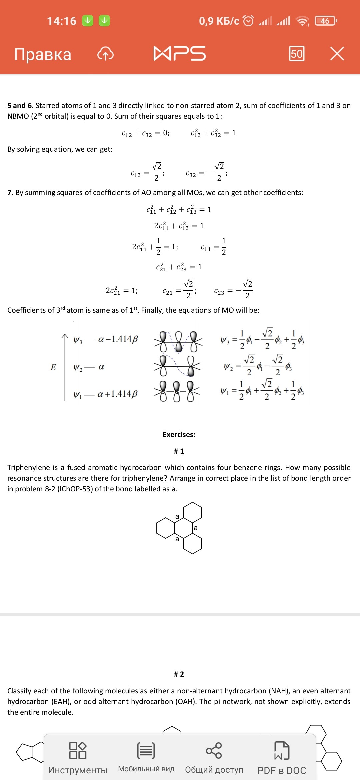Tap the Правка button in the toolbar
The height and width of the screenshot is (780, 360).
(43, 54)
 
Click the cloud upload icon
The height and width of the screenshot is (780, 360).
(105, 54)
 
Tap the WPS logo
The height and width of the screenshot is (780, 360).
(180, 54)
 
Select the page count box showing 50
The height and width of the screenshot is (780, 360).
(296, 54)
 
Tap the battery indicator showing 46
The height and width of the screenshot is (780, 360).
(326, 21)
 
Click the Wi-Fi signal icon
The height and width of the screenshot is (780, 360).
(303, 21)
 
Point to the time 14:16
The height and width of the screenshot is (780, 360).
(62, 21)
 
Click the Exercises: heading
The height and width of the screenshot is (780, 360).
(179, 434)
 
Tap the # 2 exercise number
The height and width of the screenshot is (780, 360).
(179, 674)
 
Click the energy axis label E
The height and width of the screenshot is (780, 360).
(53, 367)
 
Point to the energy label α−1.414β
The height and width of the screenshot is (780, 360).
(118, 339)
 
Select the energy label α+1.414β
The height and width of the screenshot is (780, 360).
(117, 394)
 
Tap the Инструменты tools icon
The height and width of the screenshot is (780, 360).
(78, 751)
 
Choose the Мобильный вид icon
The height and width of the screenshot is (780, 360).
(146, 751)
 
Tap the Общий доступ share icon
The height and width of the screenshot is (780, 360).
(214, 751)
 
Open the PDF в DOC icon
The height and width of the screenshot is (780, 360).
(282, 751)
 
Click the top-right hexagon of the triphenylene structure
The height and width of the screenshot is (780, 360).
(192, 512)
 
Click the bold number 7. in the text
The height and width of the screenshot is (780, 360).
(10, 193)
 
